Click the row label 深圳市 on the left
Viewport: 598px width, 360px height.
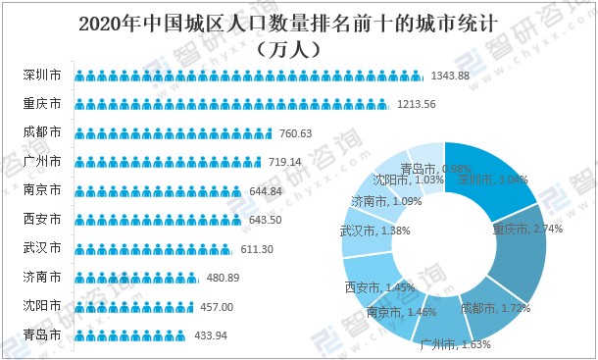coord(42,75)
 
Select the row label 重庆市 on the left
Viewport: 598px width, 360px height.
coord(42,103)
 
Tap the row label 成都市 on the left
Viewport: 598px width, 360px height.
coord(42,131)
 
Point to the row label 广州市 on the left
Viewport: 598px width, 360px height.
coord(42,160)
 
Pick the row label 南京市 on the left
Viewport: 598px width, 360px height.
coord(42,189)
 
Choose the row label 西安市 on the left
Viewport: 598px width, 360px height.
coord(42,218)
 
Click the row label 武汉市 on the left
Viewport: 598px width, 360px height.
coord(42,247)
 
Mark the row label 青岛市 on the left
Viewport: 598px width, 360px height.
coord(42,334)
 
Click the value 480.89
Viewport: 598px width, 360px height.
coord(225,278)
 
